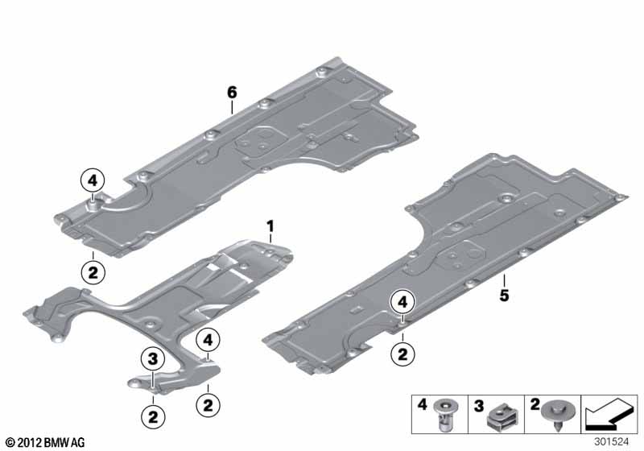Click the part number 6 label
pos(232,93)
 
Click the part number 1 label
pos(270,226)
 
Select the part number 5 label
pos(505,295)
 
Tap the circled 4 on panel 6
pos(93,180)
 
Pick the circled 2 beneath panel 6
pos(93,272)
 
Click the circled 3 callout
pos(152,359)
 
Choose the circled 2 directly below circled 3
pos(153,418)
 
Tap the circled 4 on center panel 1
pos(208,341)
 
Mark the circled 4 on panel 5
pos(402,303)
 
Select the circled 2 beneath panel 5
pos(402,354)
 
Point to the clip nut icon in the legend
pos(500,416)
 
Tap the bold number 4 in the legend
pos(422,404)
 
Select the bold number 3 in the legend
pos(479,407)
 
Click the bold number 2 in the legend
pos(535,404)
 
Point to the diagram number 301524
pos(612,442)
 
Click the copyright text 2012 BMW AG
pos(46,442)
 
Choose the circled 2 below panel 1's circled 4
pos(208,405)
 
